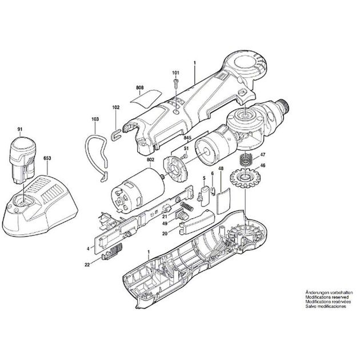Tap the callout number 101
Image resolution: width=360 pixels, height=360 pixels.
[175, 73]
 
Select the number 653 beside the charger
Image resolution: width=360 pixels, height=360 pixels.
[47, 157]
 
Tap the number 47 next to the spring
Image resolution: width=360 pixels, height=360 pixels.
[263, 155]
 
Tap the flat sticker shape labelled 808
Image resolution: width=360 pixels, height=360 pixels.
[145, 97]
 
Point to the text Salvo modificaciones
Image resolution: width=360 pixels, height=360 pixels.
[325, 307]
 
